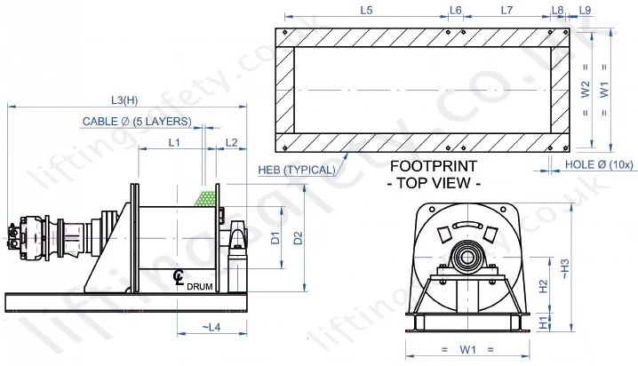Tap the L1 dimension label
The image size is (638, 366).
click(x=174, y=141)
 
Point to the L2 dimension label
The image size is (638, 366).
click(x=232, y=141)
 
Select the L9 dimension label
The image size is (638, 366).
click(x=586, y=9)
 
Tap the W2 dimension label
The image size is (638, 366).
click(x=584, y=90)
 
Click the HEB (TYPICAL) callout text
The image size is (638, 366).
click(x=296, y=170)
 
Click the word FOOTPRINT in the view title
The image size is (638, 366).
click(x=435, y=166)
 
